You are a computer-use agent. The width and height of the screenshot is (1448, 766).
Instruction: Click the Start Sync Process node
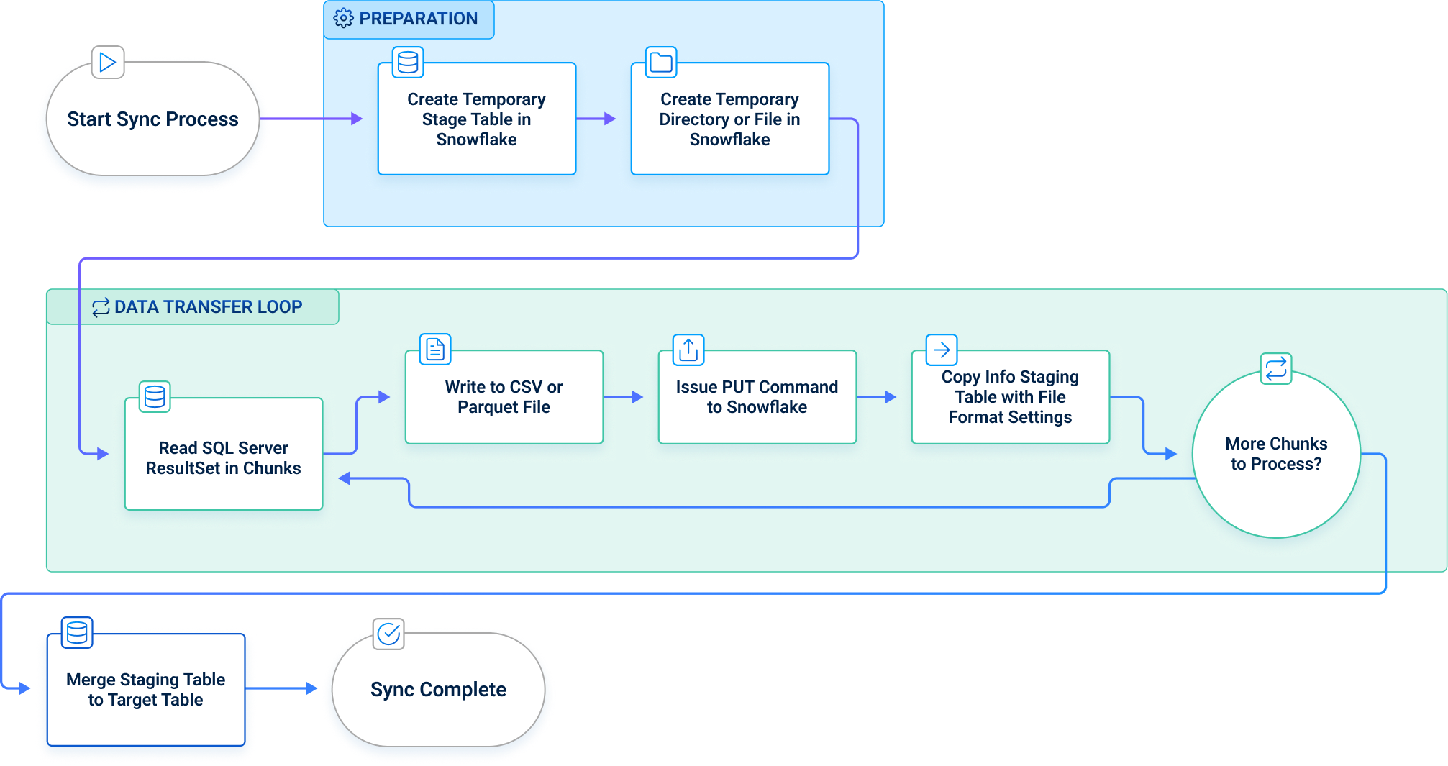coord(152,119)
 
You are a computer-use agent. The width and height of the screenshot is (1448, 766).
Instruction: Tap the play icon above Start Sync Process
coord(108,63)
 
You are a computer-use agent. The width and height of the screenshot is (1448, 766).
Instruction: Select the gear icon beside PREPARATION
coord(343,19)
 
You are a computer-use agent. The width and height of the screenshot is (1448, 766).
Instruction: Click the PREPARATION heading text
coord(418,19)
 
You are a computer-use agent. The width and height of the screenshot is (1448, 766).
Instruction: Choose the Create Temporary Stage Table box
coord(476,119)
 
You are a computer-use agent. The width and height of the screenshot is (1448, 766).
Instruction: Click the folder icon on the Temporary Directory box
coord(660,63)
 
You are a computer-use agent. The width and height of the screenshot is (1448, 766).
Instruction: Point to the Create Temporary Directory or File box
coord(729,119)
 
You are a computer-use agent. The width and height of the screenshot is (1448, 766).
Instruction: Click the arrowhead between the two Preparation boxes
coord(609,119)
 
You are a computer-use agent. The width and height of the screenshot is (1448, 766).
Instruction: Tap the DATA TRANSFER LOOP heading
coord(208,307)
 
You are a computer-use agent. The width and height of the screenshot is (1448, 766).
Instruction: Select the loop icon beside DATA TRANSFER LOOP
coord(101,308)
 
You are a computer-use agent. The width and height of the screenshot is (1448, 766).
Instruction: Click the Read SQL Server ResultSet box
coord(223,457)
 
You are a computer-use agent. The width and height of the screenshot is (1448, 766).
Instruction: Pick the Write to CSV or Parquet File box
coord(504,397)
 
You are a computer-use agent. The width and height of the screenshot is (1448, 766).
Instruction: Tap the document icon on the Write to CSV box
coord(435,350)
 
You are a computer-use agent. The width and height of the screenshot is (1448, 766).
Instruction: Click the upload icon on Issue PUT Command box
coord(688,350)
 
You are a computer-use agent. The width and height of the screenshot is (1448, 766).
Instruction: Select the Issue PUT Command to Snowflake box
coord(757,397)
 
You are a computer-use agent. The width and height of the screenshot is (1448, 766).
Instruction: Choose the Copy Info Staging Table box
coord(1010,397)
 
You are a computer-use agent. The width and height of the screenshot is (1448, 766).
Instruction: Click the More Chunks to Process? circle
coord(1276,454)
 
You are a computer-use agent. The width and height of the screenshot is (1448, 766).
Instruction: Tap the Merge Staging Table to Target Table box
coord(145,690)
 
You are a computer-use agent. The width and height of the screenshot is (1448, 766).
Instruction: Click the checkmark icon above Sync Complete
coord(388,634)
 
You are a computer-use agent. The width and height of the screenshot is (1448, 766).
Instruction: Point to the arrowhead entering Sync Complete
coord(311,688)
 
